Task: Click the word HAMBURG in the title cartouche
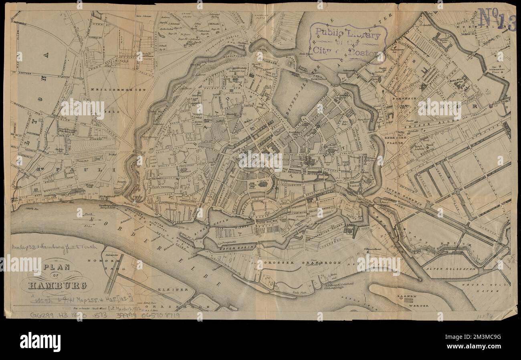click(57, 286)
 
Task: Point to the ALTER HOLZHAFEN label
click(451, 269)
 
